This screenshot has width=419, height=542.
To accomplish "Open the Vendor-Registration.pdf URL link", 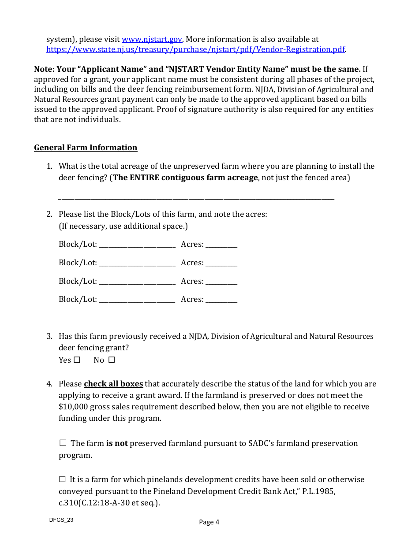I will click(195, 49).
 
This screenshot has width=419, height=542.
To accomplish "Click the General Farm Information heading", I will click(86, 148).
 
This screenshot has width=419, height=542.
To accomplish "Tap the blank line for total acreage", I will click(196, 198).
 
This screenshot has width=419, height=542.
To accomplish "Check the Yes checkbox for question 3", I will click(77, 360).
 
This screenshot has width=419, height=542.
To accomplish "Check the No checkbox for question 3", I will click(112, 360).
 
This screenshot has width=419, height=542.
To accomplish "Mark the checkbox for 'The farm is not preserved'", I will click(63, 443).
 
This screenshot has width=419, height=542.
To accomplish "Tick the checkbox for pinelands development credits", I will click(62, 479).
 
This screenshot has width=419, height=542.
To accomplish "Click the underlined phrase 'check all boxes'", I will click(113, 384).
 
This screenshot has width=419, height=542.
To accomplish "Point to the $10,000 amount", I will click(73, 407).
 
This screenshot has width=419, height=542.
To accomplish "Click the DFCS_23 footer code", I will click(61, 520).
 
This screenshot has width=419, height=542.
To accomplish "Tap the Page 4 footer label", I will click(209, 522).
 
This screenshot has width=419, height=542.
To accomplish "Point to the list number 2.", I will click(49, 214).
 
